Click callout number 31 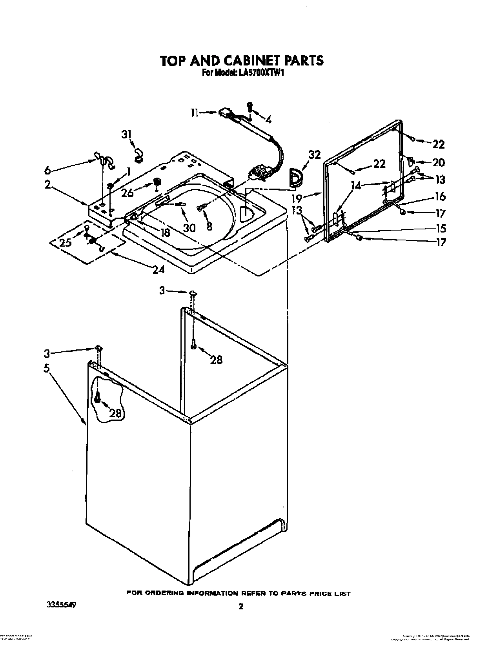[x=126, y=134]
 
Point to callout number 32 [x=315, y=154]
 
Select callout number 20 [x=438, y=162]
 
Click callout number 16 [x=440, y=196]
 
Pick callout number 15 [x=440, y=228]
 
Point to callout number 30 [x=189, y=227]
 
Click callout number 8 [x=209, y=226]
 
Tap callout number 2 [x=47, y=184]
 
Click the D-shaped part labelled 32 [x=295, y=177]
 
